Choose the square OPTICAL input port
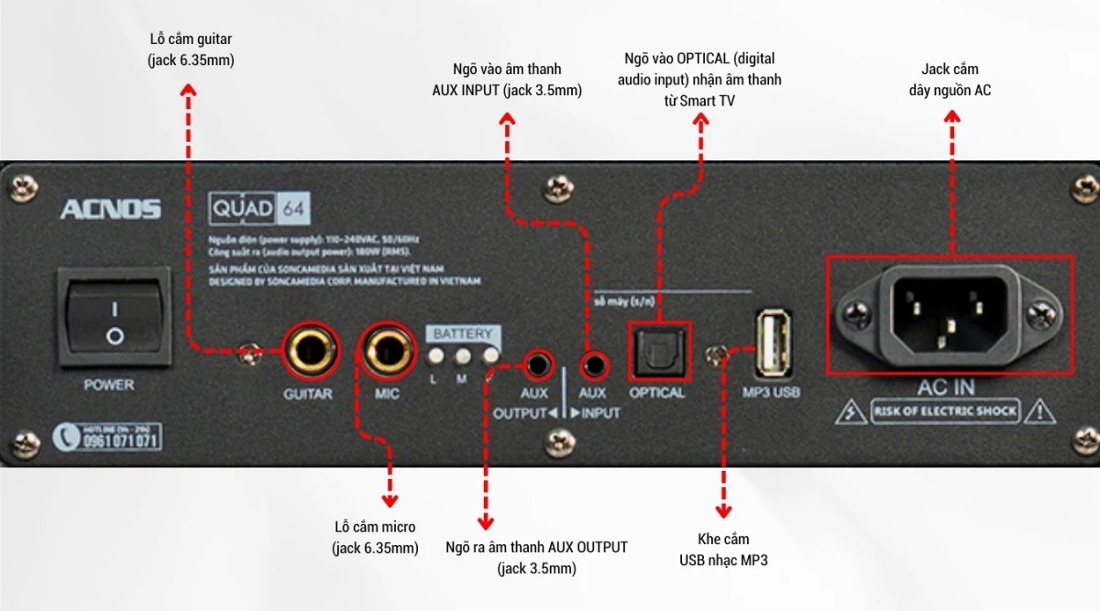pyautogui.click(x=658, y=351)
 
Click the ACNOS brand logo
pyautogui.click(x=110, y=210)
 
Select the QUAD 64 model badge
pyautogui.click(x=259, y=208)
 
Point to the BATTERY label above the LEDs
pyautogui.click(x=463, y=334)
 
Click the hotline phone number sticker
pyautogui.click(x=108, y=437)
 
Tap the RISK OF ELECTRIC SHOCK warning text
pyautogui.click(x=945, y=411)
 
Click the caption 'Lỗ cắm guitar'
pyautogui.click(x=191, y=50)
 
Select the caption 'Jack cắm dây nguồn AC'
pyautogui.click(x=950, y=80)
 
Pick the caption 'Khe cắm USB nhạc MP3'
pyautogui.click(x=723, y=550)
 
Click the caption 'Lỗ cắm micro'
pyautogui.click(x=375, y=537)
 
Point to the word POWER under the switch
pyautogui.click(x=109, y=385)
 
